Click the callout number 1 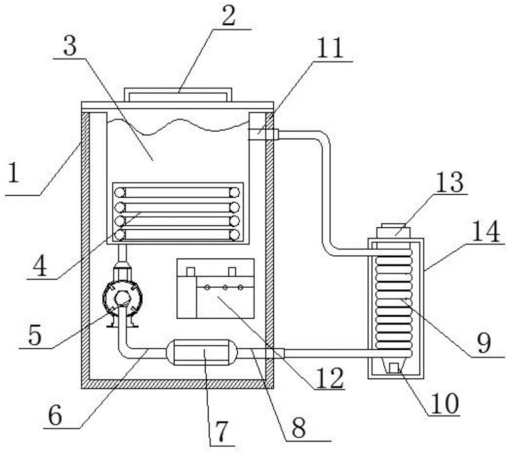13,173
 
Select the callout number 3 70,46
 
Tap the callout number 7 221,432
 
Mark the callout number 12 330,378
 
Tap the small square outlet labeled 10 394,368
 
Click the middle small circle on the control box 224,287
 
